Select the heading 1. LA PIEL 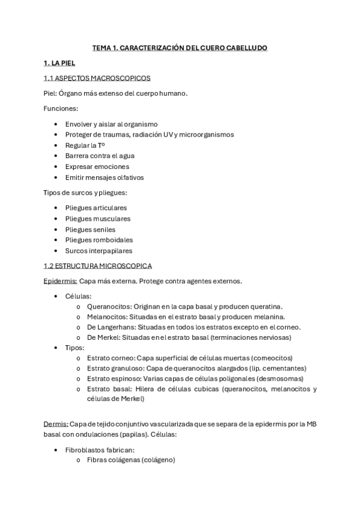pyautogui.click(x=59, y=63)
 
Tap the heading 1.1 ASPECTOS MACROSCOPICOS pyautogui.click(x=97, y=78)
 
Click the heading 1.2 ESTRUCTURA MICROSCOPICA pyautogui.click(x=97, y=265)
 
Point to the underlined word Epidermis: pyautogui.click(x=60, y=281)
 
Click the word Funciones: pyautogui.click(x=61, y=108)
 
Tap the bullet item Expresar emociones pyautogui.click(x=97, y=167)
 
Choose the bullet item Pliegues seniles pyautogui.click(x=90, y=229)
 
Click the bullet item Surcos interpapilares pyautogui.click(x=99, y=251)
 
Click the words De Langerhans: pyautogui.click(x=111, y=327)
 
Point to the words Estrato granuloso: pyautogui.click(x=116, y=368)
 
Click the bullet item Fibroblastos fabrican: pyautogui.click(x=100, y=449)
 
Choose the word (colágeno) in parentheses pyautogui.click(x=156, y=460)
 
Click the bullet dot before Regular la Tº pyautogui.click(x=56, y=146)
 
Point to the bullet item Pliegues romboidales pyautogui.click(x=99, y=240)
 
